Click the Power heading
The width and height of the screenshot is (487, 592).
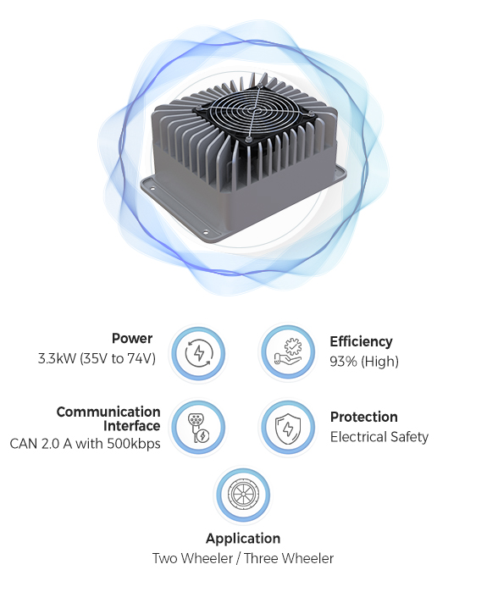click(132, 338)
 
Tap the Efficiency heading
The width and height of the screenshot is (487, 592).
click(362, 341)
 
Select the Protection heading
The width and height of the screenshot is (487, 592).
click(364, 417)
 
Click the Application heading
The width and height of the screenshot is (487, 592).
click(243, 539)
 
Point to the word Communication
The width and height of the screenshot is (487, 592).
click(108, 412)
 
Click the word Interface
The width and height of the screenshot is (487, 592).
click(132, 425)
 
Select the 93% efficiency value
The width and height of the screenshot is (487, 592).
click(343, 362)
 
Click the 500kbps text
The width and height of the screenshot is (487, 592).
click(134, 443)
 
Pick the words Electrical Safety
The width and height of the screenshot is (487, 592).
click(379, 437)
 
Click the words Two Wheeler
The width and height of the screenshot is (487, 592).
click(192, 558)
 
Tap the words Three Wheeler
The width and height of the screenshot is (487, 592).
click(289, 558)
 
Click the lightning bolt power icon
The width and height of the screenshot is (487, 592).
click(198, 353)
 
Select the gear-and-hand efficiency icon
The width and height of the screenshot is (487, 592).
click(288, 351)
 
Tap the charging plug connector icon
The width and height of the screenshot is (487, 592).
click(198, 428)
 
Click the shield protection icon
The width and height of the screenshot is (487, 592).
click(287, 428)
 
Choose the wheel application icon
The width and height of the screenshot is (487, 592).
click(242, 495)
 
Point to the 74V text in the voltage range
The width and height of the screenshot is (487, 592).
click(139, 358)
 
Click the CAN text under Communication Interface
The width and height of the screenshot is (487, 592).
click(24, 444)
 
